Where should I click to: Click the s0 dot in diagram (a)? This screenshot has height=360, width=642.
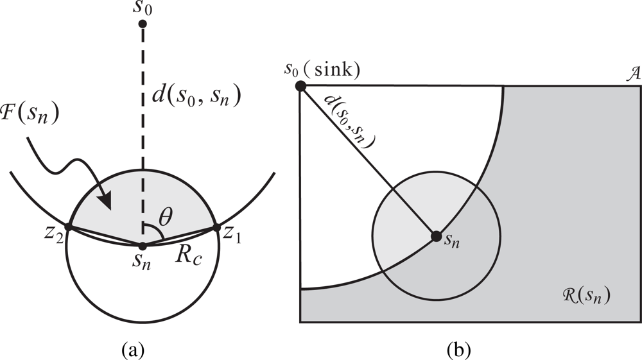point(143,24)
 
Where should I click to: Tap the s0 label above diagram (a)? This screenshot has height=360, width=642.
point(143,8)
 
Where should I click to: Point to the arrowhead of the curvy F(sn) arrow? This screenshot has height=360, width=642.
point(110,206)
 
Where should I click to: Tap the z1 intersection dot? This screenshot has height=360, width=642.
point(216,227)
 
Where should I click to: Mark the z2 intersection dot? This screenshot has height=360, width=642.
point(68,227)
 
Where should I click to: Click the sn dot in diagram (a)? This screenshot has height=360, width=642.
point(143,245)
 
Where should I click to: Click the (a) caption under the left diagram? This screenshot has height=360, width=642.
point(133,350)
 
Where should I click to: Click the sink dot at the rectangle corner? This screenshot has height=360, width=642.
point(300,85)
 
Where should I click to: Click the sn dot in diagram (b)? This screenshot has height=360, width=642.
point(436,236)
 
